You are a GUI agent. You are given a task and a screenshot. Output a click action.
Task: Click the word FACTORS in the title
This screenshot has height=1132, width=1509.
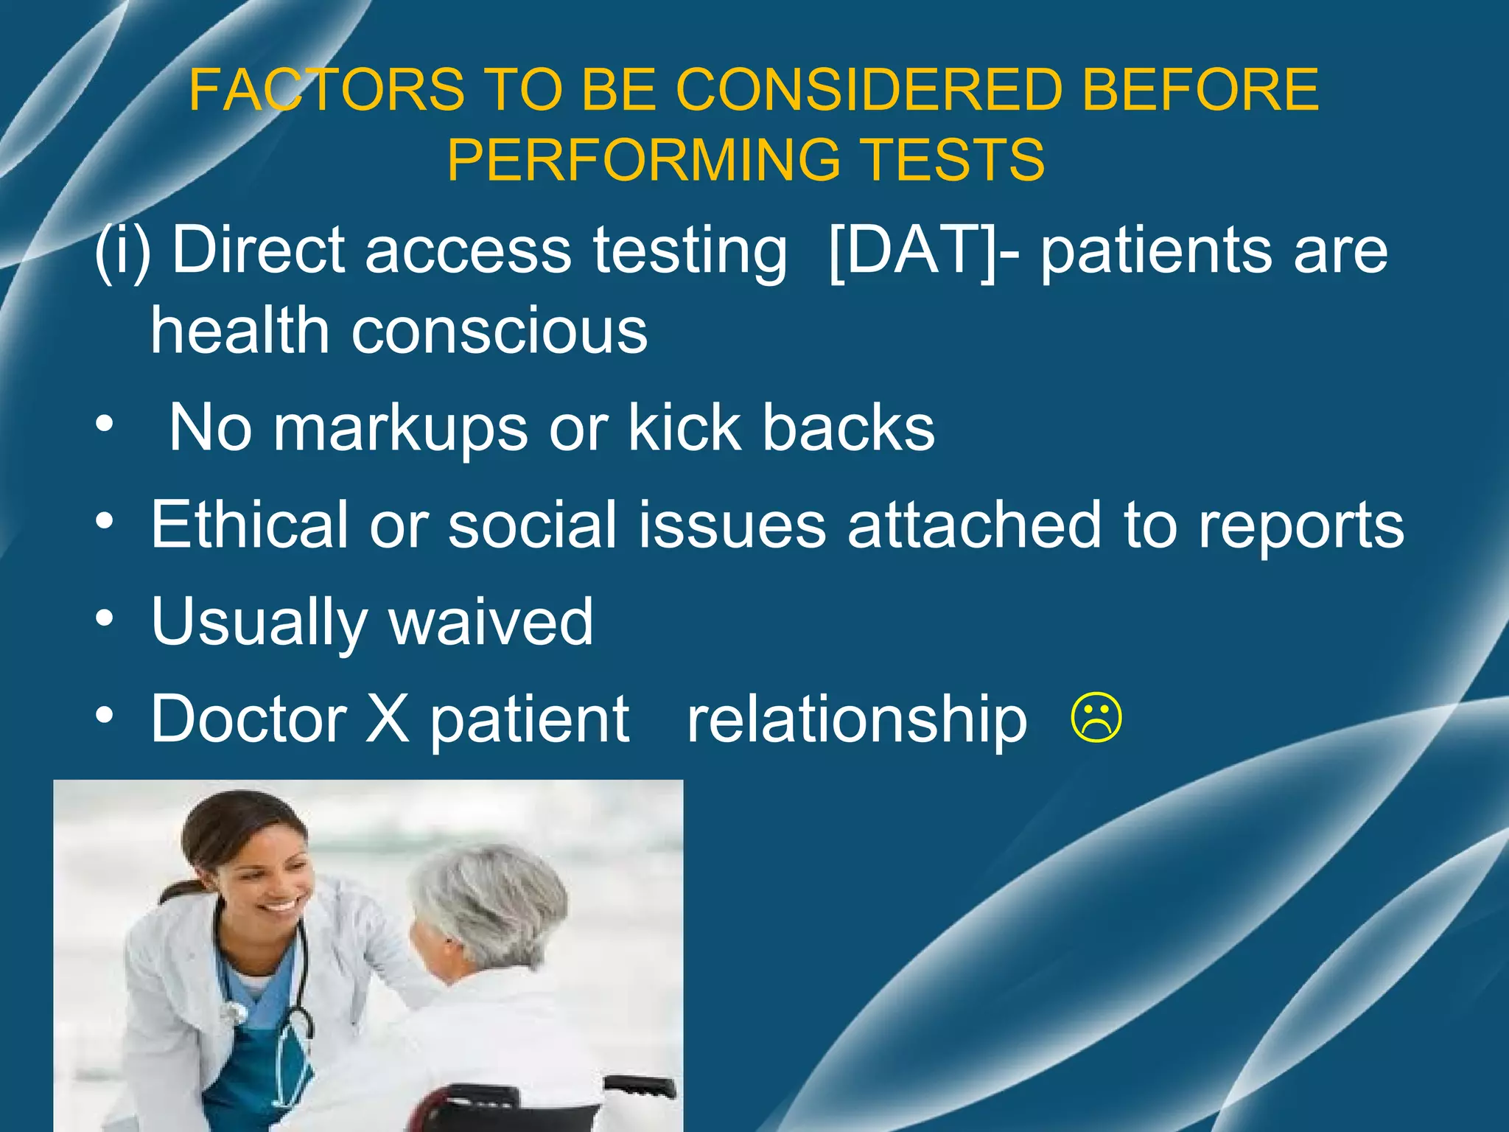pos(326,90)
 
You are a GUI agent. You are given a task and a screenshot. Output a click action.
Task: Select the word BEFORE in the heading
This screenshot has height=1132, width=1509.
pos(1200,90)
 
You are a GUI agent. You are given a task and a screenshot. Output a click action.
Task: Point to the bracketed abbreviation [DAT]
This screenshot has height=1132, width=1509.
pos(913,251)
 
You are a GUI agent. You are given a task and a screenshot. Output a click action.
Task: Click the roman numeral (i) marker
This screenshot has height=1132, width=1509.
pos(122,251)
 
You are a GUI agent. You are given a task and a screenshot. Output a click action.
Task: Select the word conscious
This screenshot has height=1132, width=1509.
pos(500,331)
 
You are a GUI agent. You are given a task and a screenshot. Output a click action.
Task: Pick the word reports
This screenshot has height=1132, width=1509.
pos(1300,526)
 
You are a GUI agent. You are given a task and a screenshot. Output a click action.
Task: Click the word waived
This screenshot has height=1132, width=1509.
pos(491,622)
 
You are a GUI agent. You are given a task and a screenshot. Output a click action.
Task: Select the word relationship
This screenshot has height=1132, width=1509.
pos(856,720)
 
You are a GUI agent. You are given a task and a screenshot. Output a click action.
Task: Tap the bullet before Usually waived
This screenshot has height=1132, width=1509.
pos(105,619)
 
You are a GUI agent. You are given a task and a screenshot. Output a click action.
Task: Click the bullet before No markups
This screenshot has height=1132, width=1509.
pos(105,425)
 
